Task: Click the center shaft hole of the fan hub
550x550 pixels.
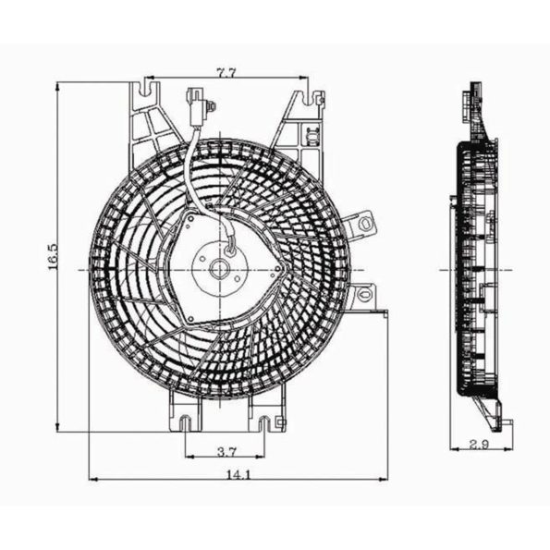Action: pyautogui.click(x=221, y=269)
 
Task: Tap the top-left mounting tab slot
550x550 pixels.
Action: pyautogui.click(x=145, y=92)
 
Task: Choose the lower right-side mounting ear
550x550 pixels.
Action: pyautogui.click(x=363, y=296)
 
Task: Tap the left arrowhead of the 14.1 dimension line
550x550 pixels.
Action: pyautogui.click(x=92, y=479)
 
